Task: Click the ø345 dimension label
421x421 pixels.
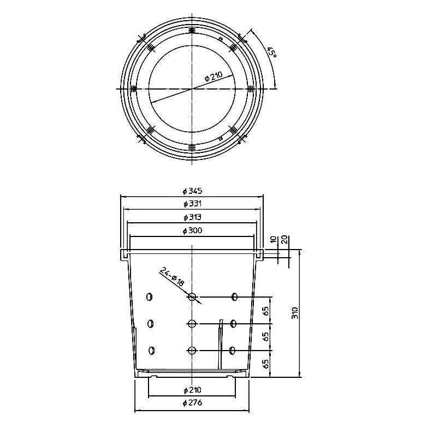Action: pyautogui.click(x=192, y=191)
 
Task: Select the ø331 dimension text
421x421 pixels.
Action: pyautogui.click(x=192, y=204)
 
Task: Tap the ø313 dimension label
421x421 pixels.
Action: pyautogui.click(x=192, y=217)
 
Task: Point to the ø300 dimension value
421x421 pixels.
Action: pyautogui.click(x=192, y=230)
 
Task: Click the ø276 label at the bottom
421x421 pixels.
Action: pyautogui.click(x=192, y=403)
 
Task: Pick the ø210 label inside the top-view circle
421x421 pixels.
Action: pyautogui.click(x=214, y=76)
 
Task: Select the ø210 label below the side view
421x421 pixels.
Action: pyautogui.click(x=192, y=390)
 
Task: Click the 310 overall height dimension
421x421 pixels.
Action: pyautogui.click(x=295, y=313)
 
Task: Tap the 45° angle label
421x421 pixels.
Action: pyautogui.click(x=273, y=52)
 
